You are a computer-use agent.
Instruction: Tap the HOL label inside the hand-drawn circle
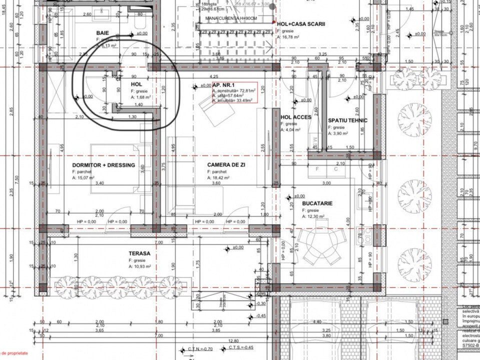pyautogui.click(x=137, y=84)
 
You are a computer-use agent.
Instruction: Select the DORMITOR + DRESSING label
pyautogui.click(x=104, y=165)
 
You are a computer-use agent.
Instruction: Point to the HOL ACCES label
pyautogui.click(x=296, y=117)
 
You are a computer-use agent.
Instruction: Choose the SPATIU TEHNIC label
pyautogui.click(x=348, y=120)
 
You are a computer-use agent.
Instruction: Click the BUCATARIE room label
pyautogui.click(x=317, y=204)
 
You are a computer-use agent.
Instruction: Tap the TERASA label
pyautogui.click(x=139, y=253)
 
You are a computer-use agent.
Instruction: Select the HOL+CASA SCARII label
pyautogui.click(x=301, y=23)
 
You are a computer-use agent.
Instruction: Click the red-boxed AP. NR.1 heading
pyautogui.click(x=224, y=85)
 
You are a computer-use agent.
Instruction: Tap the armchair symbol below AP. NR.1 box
pyautogui.click(x=208, y=105)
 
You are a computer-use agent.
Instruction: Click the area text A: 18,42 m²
pyautogui.click(x=219, y=177)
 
